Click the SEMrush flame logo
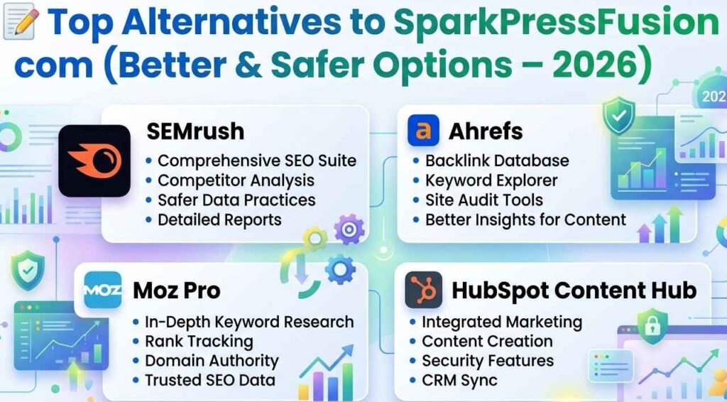coord(94,161)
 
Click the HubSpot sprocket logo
coord(423,289)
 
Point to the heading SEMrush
coord(195,131)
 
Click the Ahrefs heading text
coord(486,131)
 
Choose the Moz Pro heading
coord(176,290)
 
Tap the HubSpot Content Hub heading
coord(574,290)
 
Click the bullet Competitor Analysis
coord(236,180)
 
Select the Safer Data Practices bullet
coord(236,200)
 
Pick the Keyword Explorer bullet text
coord(491,180)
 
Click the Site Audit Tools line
coord(483,200)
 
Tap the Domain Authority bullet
coord(212,361)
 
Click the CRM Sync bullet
coord(459,380)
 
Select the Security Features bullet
coord(488,361)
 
